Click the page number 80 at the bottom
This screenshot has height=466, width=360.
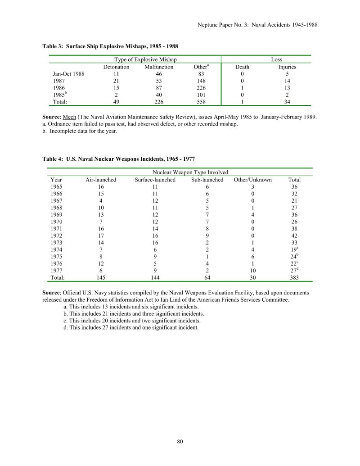pyautogui.click(x=180, y=441)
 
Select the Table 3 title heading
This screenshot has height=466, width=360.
pyautogui.click(x=113, y=46)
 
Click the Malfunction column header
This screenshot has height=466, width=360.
pyautogui.click(x=159, y=67)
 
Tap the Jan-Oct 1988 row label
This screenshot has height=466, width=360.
pyautogui.click(x=69, y=74)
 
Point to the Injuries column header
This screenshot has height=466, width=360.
pyautogui.click(x=287, y=67)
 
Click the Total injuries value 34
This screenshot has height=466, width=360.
pyautogui.click(x=287, y=102)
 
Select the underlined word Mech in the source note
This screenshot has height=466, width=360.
pyautogui.click(x=70, y=117)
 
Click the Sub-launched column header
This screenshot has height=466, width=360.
pyautogui.click(x=207, y=180)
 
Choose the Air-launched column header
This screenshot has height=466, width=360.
pyautogui.click(x=101, y=180)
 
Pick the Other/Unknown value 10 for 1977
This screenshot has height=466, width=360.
pyautogui.click(x=252, y=271)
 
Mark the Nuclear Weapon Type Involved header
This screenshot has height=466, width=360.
pyautogui.click(x=190, y=172)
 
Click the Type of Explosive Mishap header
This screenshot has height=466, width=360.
pyautogui.click(x=146, y=59)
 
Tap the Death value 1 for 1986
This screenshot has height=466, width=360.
pyautogui.click(x=242, y=88)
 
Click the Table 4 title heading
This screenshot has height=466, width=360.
pyautogui.click(x=119, y=159)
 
